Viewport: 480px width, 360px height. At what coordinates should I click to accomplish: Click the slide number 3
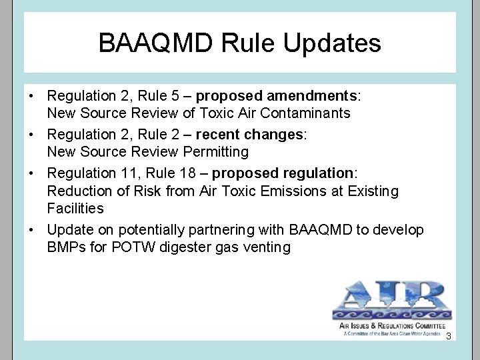click(449, 335)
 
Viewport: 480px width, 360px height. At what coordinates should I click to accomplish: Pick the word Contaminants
click(307, 113)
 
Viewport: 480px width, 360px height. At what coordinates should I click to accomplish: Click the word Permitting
click(215, 152)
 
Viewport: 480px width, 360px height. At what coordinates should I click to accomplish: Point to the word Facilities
click(75, 209)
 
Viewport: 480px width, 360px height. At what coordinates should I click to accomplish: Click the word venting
click(267, 247)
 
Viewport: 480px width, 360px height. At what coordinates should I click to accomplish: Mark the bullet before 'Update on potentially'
click(31, 230)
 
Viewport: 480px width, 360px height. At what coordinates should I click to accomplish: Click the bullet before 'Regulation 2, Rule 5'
click(31, 95)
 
